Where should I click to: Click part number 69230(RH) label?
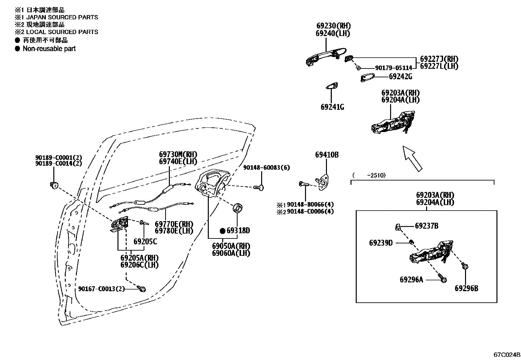click(x=333, y=26)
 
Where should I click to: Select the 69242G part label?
click(x=401, y=77)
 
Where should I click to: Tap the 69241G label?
click(x=332, y=107)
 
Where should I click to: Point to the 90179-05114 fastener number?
click(x=394, y=68)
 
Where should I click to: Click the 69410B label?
click(x=327, y=155)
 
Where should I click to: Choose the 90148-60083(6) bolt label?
click(x=266, y=167)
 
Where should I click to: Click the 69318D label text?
click(x=238, y=231)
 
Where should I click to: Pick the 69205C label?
click(x=145, y=241)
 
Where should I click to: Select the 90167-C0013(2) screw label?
click(x=101, y=289)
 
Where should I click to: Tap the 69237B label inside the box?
click(x=426, y=226)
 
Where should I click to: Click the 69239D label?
click(x=381, y=243)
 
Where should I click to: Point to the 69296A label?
click(x=411, y=279)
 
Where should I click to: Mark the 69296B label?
click(x=466, y=289)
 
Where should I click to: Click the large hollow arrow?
click(x=412, y=159)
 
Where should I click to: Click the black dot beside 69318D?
click(x=223, y=231)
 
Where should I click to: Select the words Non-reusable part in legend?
click(x=49, y=49)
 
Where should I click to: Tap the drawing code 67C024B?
click(x=507, y=355)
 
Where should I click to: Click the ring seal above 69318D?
click(x=238, y=208)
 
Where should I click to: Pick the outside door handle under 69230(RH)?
click(x=326, y=57)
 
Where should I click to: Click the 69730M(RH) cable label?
click(x=178, y=154)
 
